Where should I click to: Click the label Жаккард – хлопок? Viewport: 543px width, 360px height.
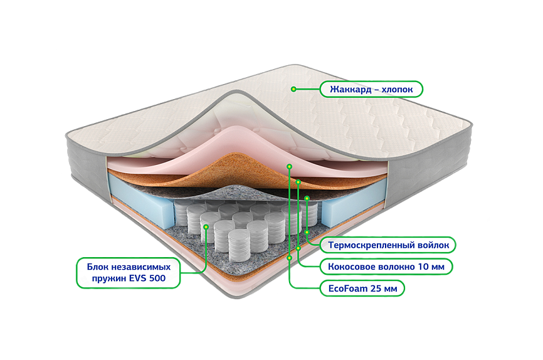tap(371, 90)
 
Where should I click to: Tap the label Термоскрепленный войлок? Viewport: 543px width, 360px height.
tap(387, 244)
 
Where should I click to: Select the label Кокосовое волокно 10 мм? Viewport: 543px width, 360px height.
tap(386, 267)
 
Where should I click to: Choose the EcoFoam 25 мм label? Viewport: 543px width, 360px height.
tap(362, 289)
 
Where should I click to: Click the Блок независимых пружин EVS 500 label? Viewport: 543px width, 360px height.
tap(128, 273)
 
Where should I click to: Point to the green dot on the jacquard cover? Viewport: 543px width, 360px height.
tap(293, 89)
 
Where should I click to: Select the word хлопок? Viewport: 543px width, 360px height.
tap(398, 90)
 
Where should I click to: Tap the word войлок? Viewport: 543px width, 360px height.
tap(433, 244)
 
